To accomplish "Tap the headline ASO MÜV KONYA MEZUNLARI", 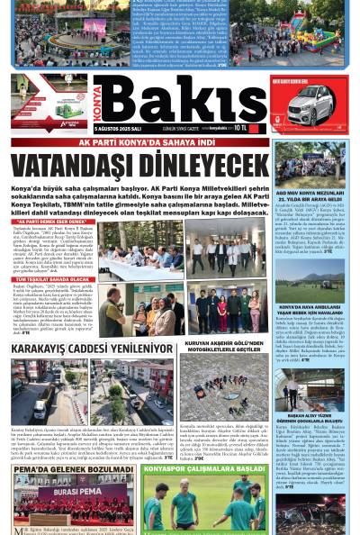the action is coord(310,194).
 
